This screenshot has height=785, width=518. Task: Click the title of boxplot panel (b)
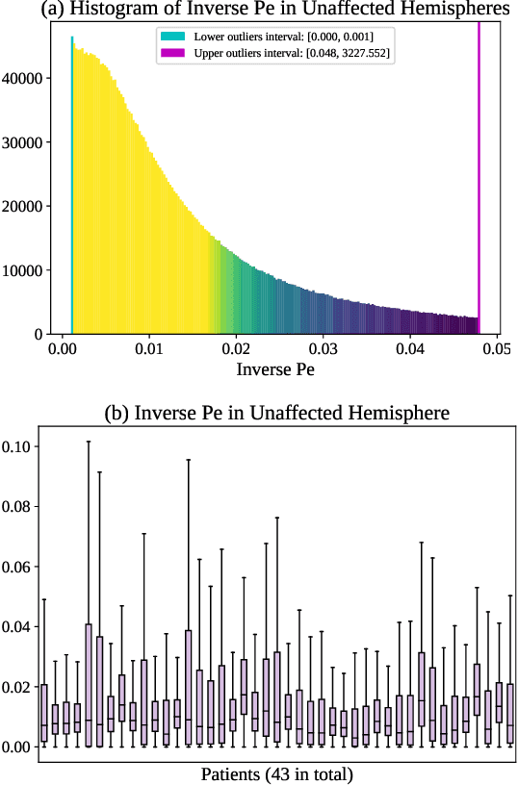tap(276, 414)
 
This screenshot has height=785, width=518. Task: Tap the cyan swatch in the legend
tap(172, 36)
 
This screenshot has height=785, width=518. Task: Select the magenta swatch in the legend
tap(172, 52)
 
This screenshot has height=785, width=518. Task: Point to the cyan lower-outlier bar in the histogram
tap(71, 192)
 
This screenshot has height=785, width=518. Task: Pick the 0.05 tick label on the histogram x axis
tap(497, 348)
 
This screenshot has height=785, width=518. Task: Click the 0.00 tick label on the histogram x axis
tap(63, 348)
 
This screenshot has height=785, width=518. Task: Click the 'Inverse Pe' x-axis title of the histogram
tap(276, 367)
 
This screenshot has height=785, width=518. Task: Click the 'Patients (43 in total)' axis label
tap(276, 774)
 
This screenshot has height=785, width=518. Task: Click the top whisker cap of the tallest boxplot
tap(89, 442)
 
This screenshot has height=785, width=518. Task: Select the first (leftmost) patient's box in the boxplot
tap(44, 713)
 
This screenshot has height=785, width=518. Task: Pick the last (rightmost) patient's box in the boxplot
tap(509, 713)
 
